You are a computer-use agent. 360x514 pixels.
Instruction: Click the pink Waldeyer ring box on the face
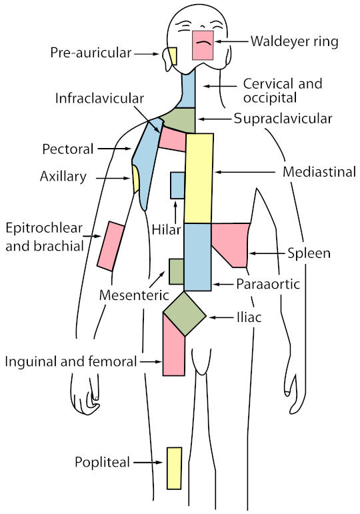203,45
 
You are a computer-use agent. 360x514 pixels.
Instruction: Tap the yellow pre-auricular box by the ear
173,56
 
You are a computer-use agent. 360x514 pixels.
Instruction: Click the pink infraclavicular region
172,140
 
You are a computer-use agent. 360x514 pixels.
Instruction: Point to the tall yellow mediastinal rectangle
199,178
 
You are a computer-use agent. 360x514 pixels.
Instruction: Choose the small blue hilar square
177,185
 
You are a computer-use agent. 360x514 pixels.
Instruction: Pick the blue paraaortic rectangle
197,257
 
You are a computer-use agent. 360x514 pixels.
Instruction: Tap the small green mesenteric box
177,271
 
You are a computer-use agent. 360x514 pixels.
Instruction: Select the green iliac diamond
185,314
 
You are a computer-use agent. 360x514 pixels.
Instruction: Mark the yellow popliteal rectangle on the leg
174,469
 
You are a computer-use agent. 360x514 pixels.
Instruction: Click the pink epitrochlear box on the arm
111,246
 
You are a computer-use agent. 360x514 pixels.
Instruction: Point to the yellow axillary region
135,179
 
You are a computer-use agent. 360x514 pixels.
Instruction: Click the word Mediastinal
319,172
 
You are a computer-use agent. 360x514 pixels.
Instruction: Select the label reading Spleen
309,253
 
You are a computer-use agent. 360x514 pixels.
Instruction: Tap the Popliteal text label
102,462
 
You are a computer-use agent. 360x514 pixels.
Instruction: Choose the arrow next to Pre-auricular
147,54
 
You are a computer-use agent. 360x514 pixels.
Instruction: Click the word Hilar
167,230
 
